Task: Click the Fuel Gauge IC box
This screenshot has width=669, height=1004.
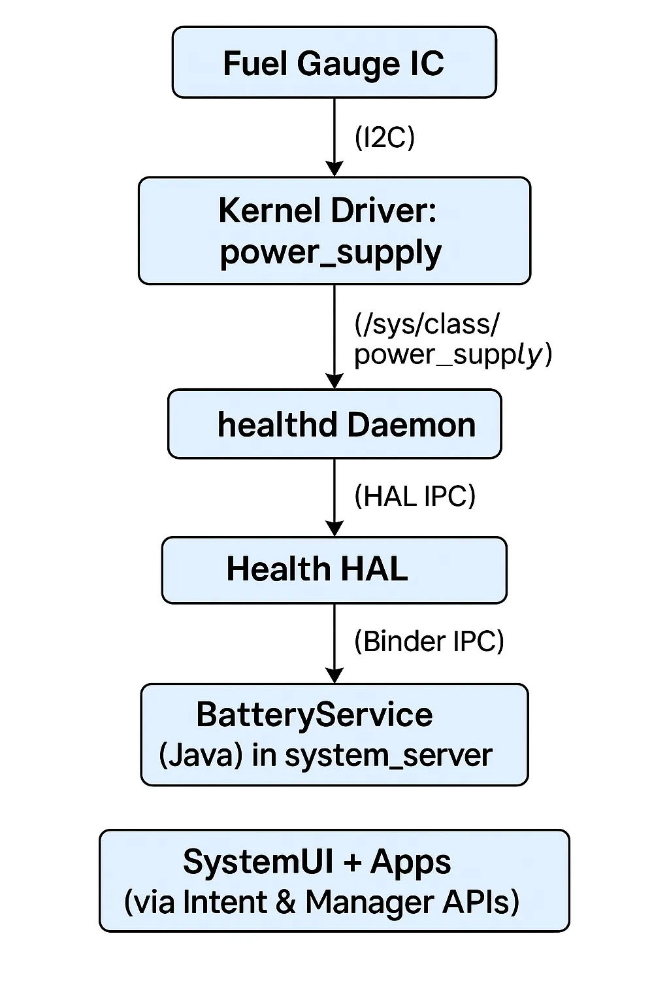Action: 334,63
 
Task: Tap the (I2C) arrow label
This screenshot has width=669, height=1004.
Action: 384,138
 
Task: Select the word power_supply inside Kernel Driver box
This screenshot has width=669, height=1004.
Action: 331,253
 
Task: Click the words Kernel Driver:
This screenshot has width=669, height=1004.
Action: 327,210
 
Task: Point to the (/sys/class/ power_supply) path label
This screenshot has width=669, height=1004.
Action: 452,339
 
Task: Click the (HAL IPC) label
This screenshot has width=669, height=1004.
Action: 414,496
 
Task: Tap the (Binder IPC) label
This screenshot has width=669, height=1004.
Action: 429,641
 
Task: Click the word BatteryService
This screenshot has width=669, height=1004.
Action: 314,714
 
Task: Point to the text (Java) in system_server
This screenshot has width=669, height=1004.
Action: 325,756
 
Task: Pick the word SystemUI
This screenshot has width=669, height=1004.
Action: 258,862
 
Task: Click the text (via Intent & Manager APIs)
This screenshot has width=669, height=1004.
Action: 321,903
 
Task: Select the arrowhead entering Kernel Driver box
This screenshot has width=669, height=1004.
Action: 334,169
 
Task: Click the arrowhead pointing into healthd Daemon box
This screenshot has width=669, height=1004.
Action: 334,382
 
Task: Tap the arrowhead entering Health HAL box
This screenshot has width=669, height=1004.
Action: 334,529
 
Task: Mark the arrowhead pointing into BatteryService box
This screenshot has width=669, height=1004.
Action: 334,676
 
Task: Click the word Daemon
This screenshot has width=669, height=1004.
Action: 412,425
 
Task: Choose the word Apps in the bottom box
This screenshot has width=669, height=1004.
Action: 410,862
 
